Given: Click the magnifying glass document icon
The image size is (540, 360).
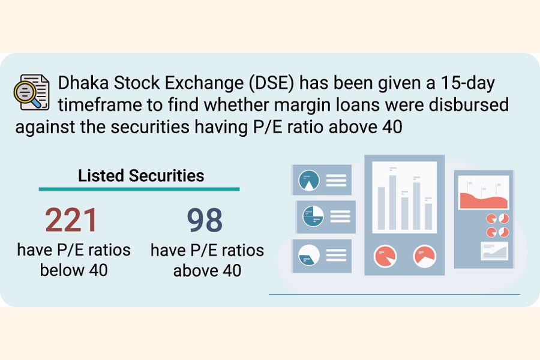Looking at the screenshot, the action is (x=31, y=92).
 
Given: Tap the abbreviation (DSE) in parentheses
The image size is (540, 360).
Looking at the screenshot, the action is (x=271, y=83).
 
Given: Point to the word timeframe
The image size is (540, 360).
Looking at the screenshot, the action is (x=100, y=105).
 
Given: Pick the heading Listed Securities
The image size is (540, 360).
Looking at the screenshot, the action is (x=141, y=175).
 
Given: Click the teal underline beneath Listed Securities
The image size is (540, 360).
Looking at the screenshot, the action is (x=139, y=189).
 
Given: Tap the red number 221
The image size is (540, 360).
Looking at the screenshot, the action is (x=71, y=220).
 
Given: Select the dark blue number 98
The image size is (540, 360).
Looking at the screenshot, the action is (x=205, y=220).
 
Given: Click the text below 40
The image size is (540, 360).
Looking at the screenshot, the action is (x=74, y=270).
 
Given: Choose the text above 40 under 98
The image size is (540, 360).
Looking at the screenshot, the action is (x=207, y=271).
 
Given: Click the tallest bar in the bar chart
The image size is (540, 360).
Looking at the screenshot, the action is (x=392, y=202).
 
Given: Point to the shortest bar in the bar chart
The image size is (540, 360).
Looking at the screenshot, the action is (x=428, y=217).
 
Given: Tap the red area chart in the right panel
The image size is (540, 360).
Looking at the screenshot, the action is (x=484, y=200).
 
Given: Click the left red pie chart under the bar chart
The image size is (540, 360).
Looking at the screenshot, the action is (x=385, y=256).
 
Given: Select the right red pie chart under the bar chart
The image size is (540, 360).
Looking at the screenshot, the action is (x=425, y=256).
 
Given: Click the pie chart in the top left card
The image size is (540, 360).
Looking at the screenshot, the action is (x=309, y=181).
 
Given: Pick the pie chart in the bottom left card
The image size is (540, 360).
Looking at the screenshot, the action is (x=309, y=255).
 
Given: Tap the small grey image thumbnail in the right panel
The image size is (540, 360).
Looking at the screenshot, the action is (x=494, y=251).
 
